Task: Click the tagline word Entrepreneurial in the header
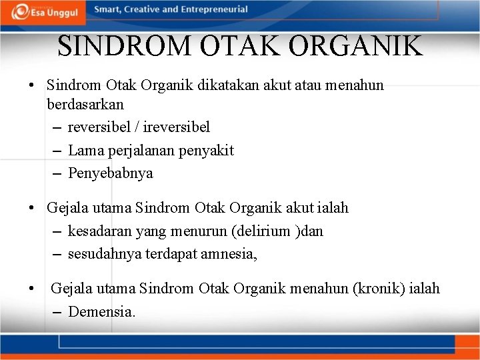point(213,9)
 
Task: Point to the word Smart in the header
point(107,9)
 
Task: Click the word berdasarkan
point(85,105)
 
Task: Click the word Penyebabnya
point(111,173)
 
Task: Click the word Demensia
point(101,311)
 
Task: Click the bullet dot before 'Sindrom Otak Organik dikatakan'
point(31,86)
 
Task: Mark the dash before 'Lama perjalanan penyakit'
point(57,151)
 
